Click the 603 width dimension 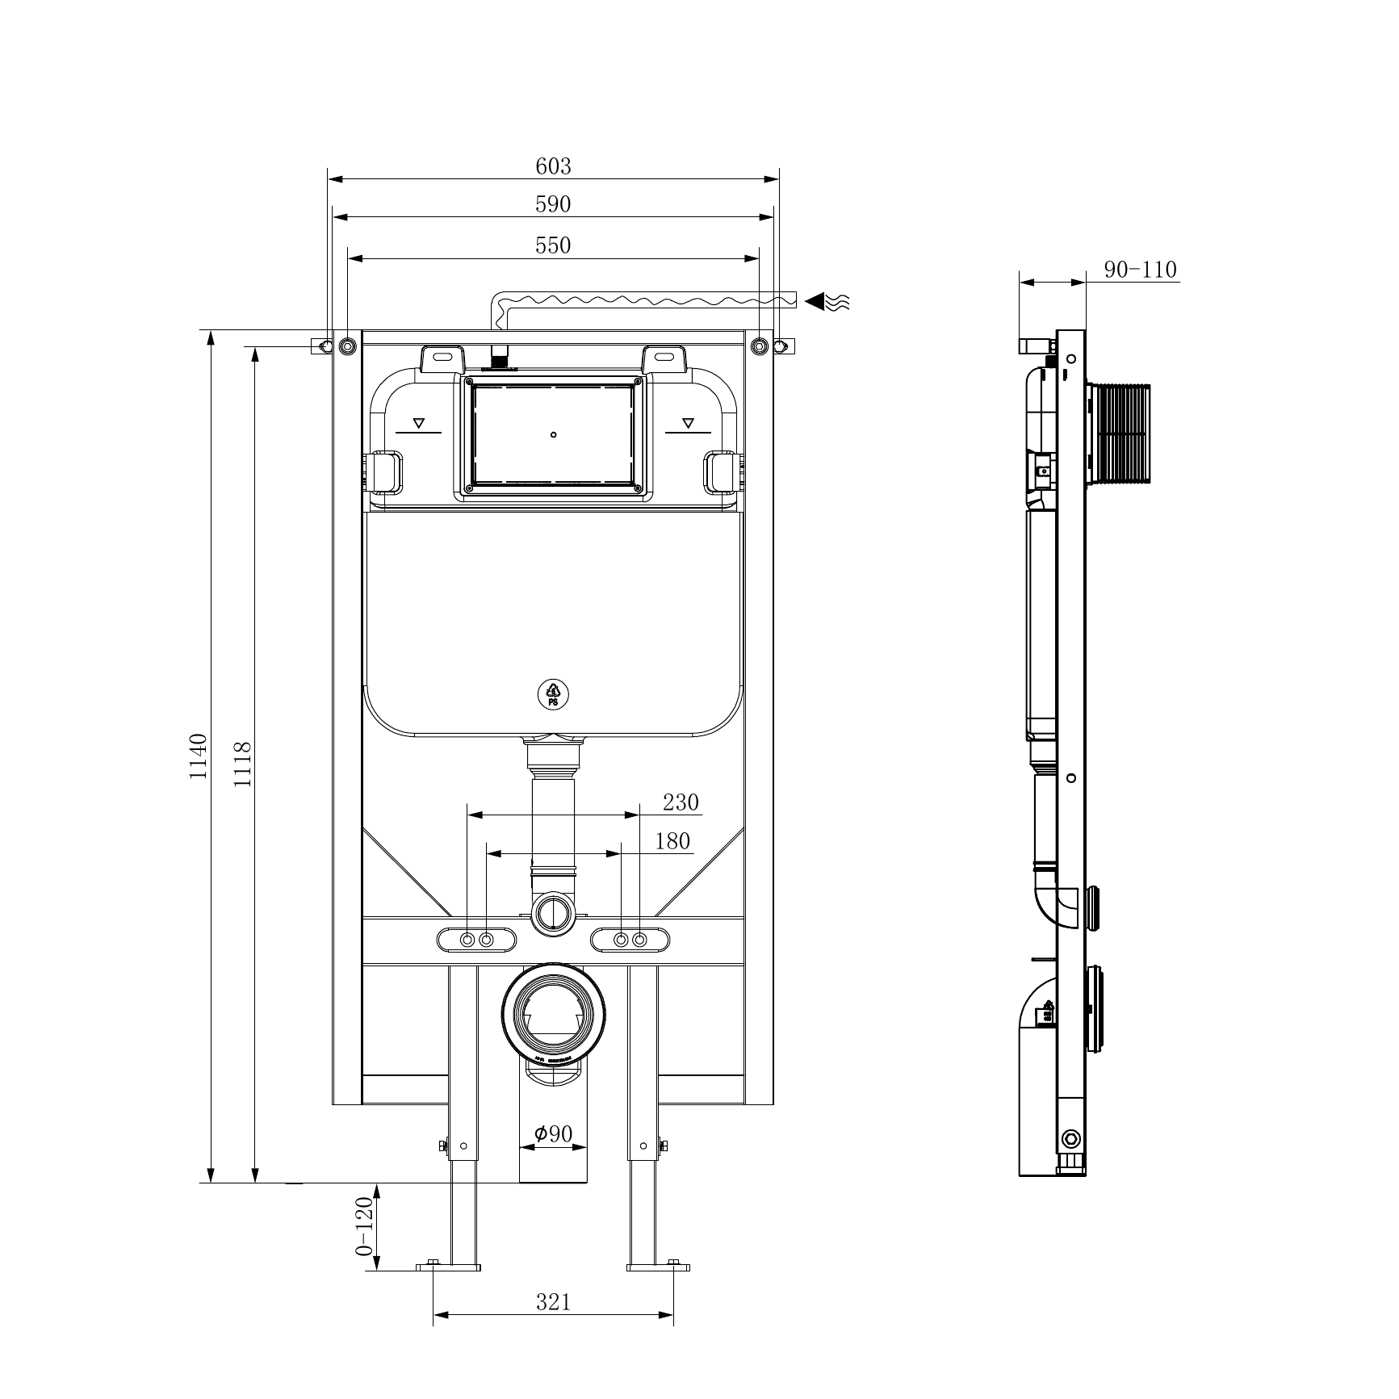click(x=553, y=166)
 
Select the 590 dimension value click(x=553, y=205)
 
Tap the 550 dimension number click(x=553, y=245)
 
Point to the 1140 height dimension click(x=199, y=756)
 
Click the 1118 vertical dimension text click(x=243, y=764)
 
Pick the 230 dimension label click(x=681, y=802)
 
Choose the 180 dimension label click(x=672, y=841)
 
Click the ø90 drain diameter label click(x=553, y=1134)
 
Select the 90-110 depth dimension click(x=1140, y=270)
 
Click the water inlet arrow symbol click(x=827, y=302)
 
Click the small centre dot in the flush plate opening click(x=553, y=435)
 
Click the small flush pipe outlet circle click(x=553, y=914)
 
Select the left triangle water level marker click(x=419, y=422)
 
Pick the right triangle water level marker click(x=688, y=422)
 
